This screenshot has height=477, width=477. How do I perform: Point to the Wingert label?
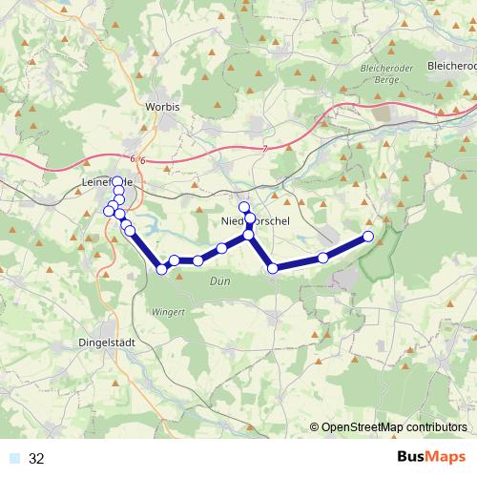pyautogui.click(x=167, y=312)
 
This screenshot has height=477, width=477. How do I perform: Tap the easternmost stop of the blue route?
pyautogui.click(x=368, y=237)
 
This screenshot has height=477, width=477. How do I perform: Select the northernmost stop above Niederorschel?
pyautogui.click(x=243, y=207)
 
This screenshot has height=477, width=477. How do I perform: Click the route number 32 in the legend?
pyautogui.click(x=37, y=459)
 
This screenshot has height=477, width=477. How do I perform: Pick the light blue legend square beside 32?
pyautogui.click(x=13, y=459)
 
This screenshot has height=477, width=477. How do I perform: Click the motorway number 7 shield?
pyautogui.click(x=263, y=150)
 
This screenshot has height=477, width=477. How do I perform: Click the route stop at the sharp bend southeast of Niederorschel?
pyautogui.click(x=273, y=268)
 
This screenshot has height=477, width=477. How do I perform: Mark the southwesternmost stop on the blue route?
pyautogui.click(x=161, y=269)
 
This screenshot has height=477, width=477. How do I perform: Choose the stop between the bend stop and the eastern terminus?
pyautogui.click(x=323, y=258)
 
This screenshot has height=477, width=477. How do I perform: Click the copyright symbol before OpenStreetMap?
pyautogui.click(x=314, y=427)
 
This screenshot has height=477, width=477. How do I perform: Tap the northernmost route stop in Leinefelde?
pyautogui.click(x=117, y=181)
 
